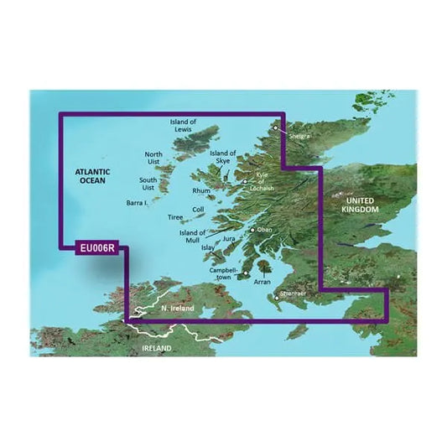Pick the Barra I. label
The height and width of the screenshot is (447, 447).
coord(137,203)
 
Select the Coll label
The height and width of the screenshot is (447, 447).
coord(198,210)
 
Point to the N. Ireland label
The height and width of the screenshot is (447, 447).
coord(177,309)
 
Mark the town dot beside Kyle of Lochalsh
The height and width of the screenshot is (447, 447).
coord(245,181)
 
